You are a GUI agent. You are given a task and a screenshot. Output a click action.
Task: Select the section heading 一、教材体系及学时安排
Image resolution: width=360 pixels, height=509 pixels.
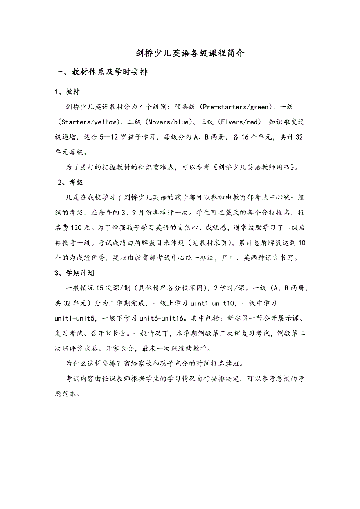point(101,72)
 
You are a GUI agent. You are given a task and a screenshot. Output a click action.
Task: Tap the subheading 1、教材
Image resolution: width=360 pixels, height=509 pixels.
point(67,92)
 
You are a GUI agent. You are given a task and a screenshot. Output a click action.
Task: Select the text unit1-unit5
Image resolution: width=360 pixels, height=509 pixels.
point(75,319)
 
